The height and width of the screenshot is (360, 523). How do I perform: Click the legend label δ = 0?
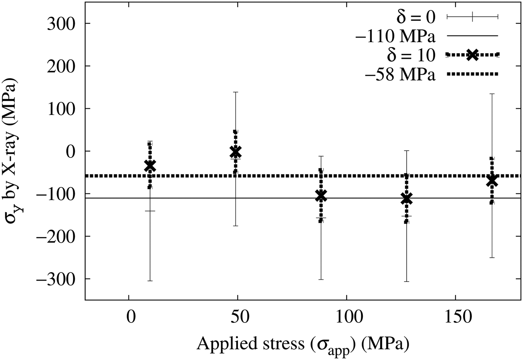pos(416,17)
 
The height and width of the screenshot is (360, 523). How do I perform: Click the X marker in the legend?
pos(473,55)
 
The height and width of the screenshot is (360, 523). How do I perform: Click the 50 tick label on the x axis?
pos(238,316)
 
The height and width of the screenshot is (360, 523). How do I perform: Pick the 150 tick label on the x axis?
pos(455,316)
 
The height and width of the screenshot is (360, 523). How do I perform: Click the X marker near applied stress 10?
pos(150,165)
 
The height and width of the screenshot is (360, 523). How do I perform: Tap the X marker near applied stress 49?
pos(236,152)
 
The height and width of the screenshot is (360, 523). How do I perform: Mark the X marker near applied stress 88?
pos(321,196)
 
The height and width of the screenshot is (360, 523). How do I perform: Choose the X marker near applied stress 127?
pos(406,199)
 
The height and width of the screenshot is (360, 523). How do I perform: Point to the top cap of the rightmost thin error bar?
pos(492,94)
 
